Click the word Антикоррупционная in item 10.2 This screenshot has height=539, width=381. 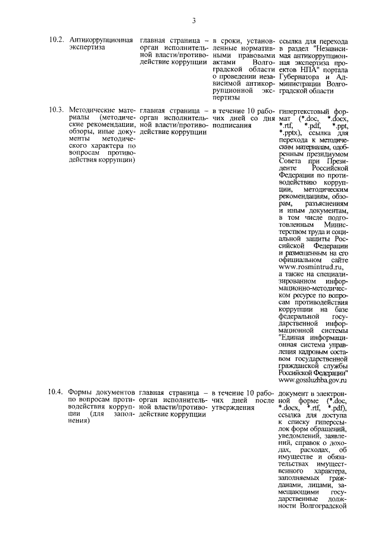(x=101, y=39)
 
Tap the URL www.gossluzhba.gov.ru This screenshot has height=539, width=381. (x=313, y=379)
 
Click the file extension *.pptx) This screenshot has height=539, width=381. (x=292, y=133)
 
